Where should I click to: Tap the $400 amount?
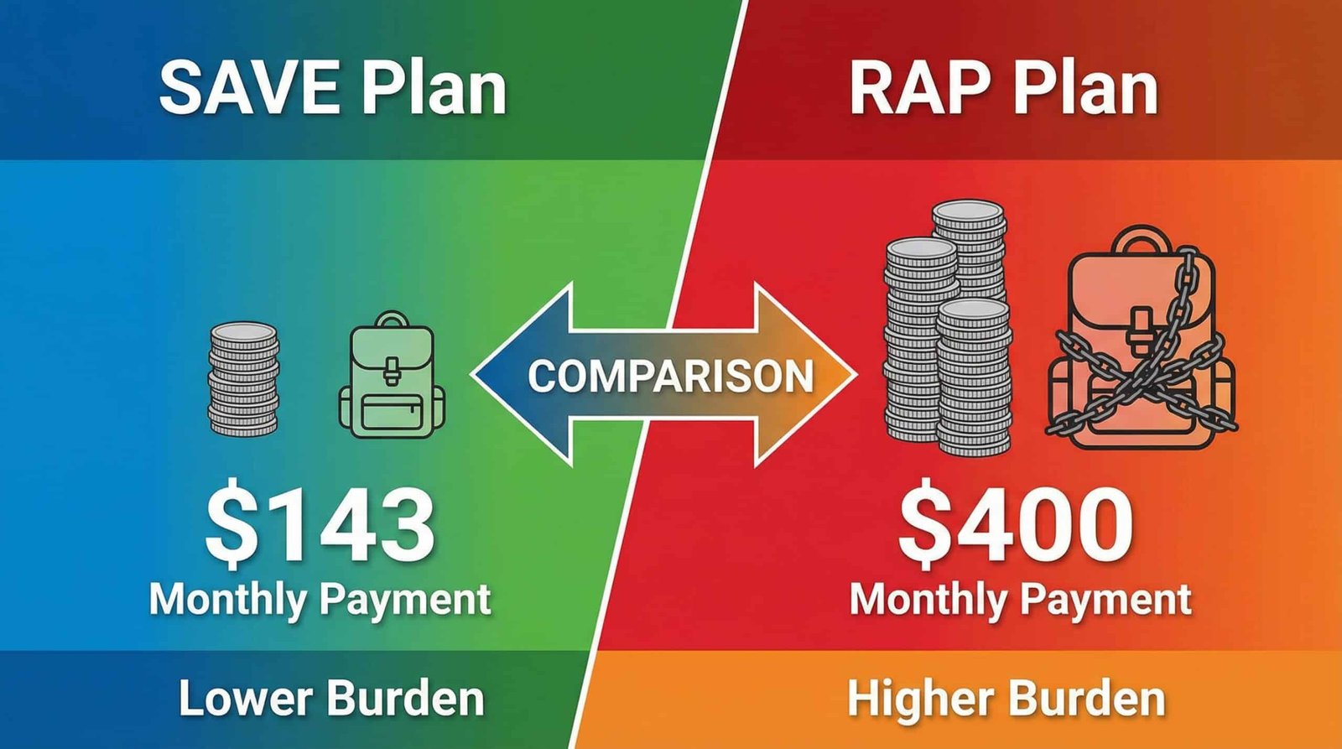pyautogui.click(x=1016, y=527)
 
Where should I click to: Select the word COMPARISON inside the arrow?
pyautogui.click(x=670, y=377)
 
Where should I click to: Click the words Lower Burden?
pyautogui.click(x=332, y=699)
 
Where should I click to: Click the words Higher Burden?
pyautogui.click(x=1006, y=699)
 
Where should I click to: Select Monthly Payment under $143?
pyautogui.click(x=320, y=600)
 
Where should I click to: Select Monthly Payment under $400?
pyautogui.click(x=1020, y=600)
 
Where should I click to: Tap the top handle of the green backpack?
pyautogui.click(x=392, y=320)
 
